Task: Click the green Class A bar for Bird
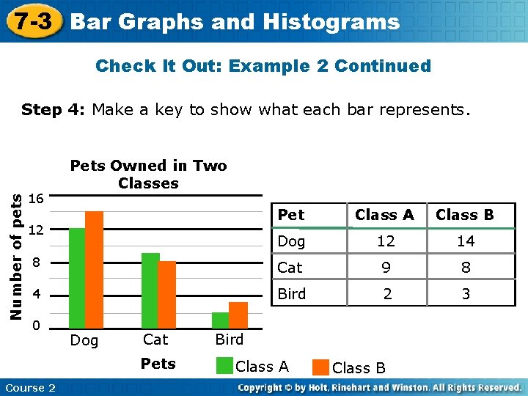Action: tap(221, 320)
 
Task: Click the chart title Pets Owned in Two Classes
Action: tap(148, 175)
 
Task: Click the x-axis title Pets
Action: tap(158, 364)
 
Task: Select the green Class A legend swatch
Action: tap(224, 367)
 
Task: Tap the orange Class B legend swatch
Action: tap(320, 367)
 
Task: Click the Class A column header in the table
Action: tap(384, 215)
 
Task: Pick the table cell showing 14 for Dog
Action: tap(465, 241)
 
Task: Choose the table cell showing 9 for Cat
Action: tap(384, 268)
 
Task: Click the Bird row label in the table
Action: tap(292, 294)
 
